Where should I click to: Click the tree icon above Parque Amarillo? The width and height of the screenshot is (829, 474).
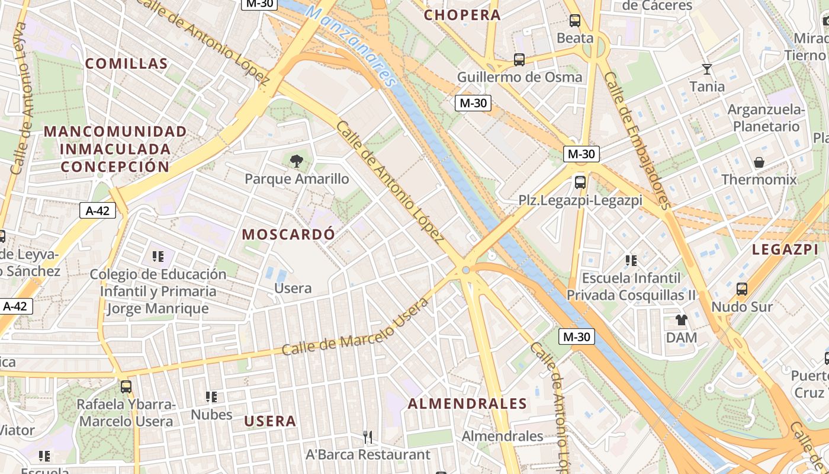pos(296,160)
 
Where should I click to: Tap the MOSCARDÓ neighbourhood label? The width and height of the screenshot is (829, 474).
pos(288,234)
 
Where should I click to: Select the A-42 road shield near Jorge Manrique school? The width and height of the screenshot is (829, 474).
pos(98,210)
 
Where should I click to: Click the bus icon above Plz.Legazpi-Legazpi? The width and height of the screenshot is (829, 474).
pos(580,182)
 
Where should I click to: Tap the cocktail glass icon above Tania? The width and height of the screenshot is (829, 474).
pos(706,69)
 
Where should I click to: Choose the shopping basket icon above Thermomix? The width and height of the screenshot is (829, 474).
pos(759,162)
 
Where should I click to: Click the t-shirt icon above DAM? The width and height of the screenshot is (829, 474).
pos(681,320)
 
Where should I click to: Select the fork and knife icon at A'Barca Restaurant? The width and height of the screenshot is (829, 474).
pos(368,437)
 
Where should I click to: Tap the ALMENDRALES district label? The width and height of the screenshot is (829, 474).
pos(467,404)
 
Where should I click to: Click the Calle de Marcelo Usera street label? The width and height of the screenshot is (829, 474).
pos(355,328)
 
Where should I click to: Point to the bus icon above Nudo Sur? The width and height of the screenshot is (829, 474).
pos(741,289)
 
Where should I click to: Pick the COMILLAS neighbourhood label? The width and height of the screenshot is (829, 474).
pos(126,63)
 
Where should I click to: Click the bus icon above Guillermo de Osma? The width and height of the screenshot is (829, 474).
pos(519,59)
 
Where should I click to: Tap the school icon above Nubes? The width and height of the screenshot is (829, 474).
pos(211,396)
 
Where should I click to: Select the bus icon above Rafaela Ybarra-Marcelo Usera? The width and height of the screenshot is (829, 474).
pos(126,387)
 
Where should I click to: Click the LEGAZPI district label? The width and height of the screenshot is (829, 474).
pos(785,250)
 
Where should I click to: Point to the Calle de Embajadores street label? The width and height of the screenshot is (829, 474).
pos(637,141)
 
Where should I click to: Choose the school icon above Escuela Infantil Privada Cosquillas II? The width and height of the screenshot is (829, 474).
pos(631,260)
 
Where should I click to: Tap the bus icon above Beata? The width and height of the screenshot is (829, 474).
pos(574,21)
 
